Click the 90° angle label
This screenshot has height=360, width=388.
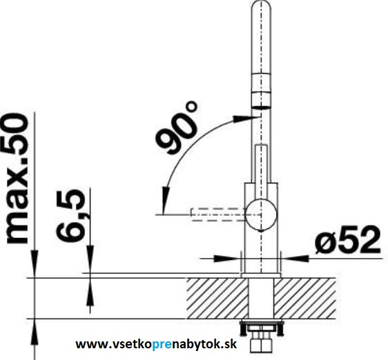(177, 128)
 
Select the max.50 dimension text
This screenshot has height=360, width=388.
(17, 178)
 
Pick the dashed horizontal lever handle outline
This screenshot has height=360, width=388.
(218, 214)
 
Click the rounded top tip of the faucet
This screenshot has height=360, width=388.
(261, 5)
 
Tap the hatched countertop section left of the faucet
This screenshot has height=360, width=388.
(217, 298)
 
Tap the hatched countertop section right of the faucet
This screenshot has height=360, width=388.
(304, 298)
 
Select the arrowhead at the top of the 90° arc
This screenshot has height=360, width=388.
(243, 119)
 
